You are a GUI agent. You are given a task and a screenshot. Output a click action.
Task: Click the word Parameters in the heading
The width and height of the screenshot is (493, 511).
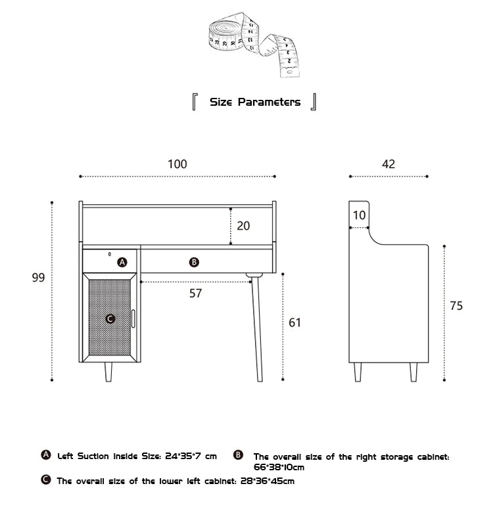click(x=269, y=102)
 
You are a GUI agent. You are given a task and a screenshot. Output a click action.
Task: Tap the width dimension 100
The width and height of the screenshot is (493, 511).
click(x=177, y=164)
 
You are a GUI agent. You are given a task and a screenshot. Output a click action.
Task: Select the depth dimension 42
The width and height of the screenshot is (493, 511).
click(x=388, y=164)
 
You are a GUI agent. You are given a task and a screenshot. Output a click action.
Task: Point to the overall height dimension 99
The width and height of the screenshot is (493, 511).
click(x=38, y=278)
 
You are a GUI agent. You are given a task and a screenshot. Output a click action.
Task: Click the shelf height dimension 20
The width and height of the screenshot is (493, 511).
click(x=243, y=225)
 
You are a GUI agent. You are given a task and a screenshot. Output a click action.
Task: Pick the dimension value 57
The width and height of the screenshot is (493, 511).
click(x=195, y=293)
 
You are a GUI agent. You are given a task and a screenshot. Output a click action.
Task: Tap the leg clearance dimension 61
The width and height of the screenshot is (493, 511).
click(x=295, y=322)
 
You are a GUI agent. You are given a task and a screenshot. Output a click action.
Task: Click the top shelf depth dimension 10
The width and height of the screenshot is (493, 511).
click(x=359, y=215)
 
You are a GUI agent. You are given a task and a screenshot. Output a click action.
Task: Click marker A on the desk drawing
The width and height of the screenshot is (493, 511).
click(x=122, y=262)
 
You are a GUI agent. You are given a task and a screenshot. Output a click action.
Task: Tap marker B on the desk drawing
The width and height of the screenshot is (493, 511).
click(x=194, y=262)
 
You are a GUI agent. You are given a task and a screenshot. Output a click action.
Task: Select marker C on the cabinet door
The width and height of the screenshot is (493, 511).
click(x=110, y=319)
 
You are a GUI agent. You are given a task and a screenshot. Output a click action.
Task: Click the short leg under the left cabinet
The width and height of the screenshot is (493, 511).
click(x=108, y=372)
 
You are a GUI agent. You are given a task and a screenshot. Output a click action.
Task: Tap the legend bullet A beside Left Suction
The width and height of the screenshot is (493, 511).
click(x=45, y=455)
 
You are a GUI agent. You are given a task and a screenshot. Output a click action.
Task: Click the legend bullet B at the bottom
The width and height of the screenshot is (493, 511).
click(x=239, y=455)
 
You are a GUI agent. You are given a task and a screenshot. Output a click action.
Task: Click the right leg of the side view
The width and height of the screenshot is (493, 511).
click(x=413, y=372)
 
